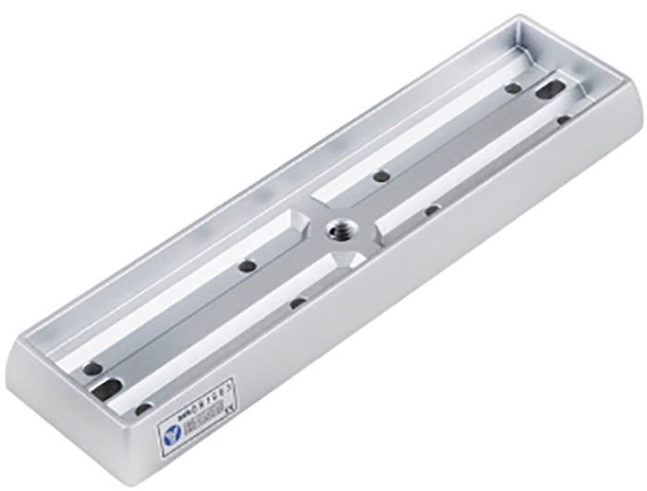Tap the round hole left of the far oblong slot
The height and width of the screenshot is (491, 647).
tap(512, 89)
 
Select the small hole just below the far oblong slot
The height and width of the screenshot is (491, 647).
tap(563, 119)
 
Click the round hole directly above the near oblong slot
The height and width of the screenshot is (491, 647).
tap(92, 368)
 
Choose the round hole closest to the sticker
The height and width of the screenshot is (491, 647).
tap(143, 408)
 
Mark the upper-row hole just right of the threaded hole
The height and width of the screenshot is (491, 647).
tap(380, 176)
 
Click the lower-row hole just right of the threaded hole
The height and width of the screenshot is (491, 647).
tap(432, 210)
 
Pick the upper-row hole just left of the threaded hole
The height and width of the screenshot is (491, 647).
tap(247, 266)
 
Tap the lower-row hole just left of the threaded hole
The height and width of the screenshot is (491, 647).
tap(298, 302)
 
